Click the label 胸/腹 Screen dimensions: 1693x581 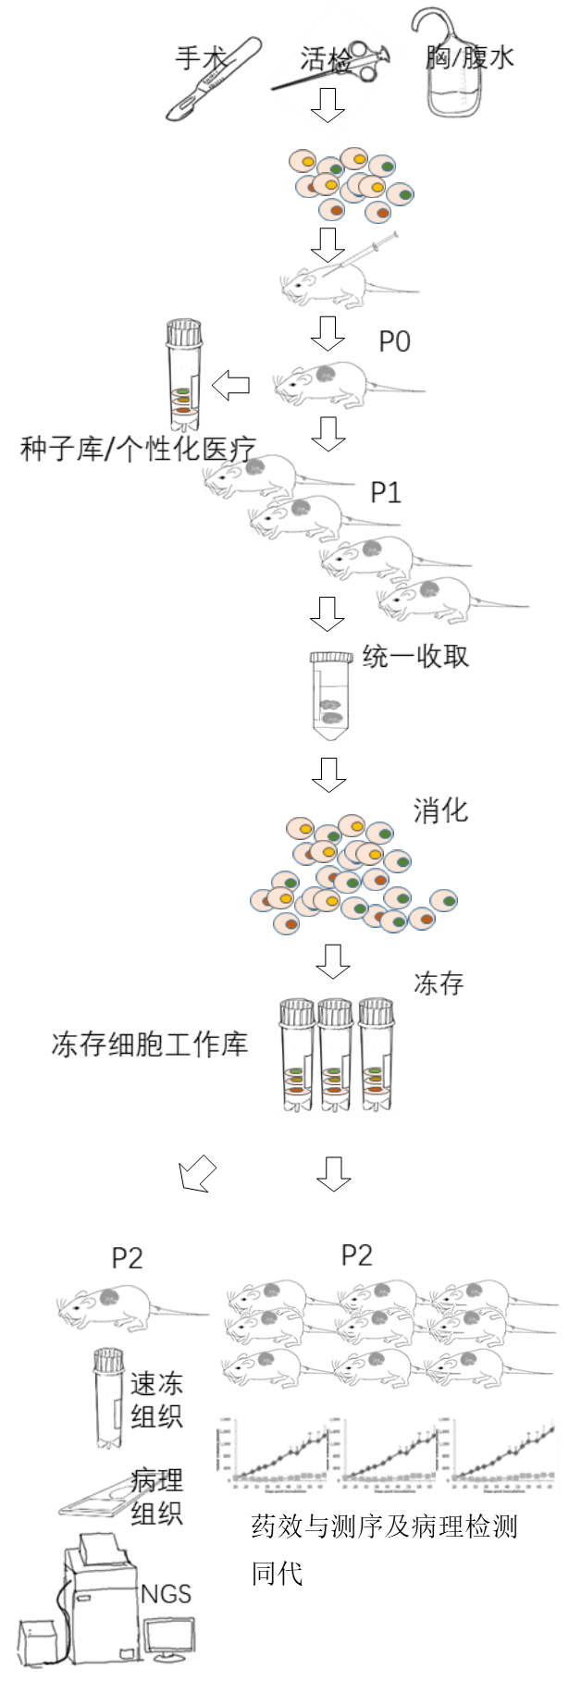pos(456,57)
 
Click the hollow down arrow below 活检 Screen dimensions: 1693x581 pos(327,107)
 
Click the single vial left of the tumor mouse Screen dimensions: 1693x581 pos(183,375)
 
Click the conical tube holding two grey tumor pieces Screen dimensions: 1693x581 pos(330,696)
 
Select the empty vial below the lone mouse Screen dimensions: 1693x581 pos(105,1397)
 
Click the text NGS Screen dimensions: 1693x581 pos(167,1592)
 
